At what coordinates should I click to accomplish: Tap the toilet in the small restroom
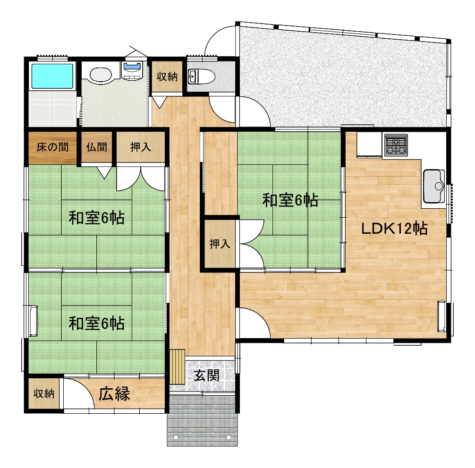201,77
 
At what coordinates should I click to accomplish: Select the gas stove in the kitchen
396,145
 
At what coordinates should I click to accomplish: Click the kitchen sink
434,186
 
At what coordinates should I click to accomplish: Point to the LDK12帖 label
394,229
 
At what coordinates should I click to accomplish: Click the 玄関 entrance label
206,376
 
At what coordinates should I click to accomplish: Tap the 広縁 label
114,394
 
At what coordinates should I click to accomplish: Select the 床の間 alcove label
53,147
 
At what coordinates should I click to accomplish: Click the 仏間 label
97,147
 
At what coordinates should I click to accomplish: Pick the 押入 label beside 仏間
141,147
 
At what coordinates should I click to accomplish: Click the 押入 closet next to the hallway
220,244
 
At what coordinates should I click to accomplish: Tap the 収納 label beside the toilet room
167,77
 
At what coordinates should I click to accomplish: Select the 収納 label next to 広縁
44,394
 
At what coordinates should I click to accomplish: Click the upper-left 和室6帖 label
97,218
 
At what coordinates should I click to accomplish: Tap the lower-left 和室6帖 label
97,323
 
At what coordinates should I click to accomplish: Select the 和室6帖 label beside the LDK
290,200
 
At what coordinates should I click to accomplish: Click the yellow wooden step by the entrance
177,366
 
